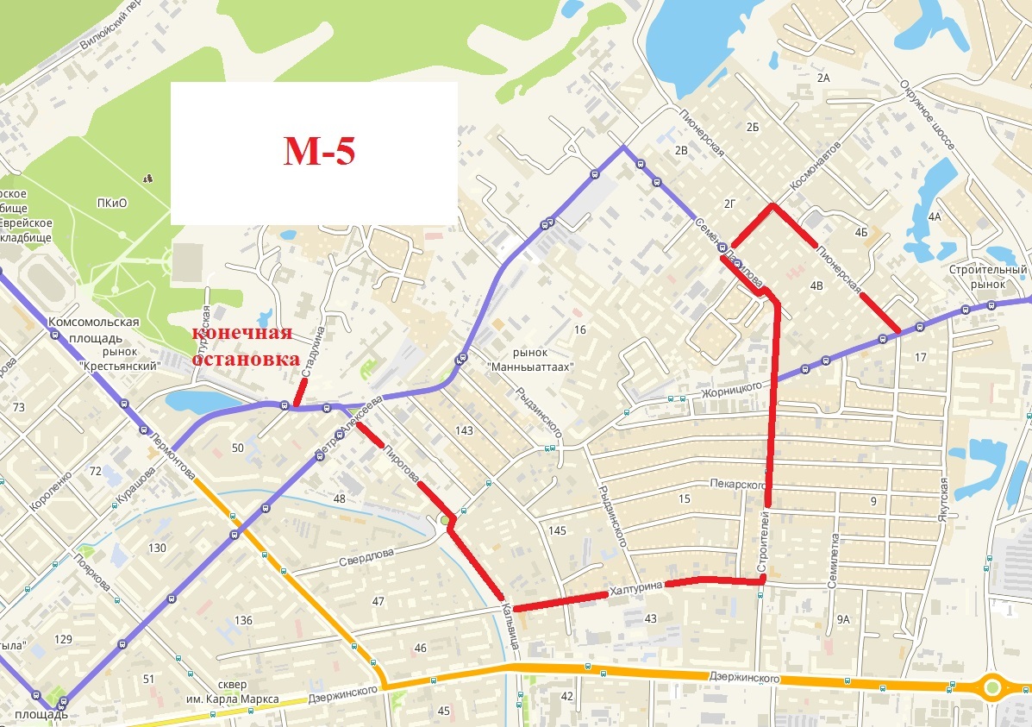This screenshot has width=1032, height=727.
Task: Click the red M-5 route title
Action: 319,151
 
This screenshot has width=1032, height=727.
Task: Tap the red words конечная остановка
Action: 241,346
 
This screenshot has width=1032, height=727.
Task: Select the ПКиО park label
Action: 112,203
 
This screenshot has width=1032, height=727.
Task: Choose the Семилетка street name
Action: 833,560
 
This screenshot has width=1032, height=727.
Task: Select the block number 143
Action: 465,430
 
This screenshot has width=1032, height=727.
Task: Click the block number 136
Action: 243,620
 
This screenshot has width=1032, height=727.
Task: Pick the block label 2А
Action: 822,78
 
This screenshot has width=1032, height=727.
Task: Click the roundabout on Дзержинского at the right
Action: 992,688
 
